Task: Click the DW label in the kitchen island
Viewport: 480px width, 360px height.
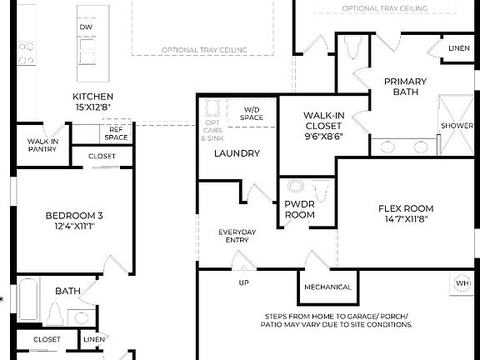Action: coord(86,27)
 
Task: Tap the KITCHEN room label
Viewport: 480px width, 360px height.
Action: coord(92,102)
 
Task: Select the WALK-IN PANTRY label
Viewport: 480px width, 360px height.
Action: coord(42,145)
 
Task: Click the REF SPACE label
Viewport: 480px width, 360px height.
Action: coord(116,133)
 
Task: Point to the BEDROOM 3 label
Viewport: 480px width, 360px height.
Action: coord(74,220)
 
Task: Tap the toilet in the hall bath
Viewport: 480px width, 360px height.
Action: coord(55,315)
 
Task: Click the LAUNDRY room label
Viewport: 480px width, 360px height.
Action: coord(237,153)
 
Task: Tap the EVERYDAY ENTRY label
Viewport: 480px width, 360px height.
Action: coord(237,236)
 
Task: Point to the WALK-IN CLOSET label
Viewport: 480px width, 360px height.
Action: coord(323,125)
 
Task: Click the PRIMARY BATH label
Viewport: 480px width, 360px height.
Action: coord(406,86)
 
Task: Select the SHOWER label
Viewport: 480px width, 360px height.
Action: coord(456,126)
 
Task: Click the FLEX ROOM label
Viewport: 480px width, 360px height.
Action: coord(406,213)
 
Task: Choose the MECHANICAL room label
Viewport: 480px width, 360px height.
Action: coord(328,287)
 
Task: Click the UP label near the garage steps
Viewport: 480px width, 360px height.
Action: coord(244,282)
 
